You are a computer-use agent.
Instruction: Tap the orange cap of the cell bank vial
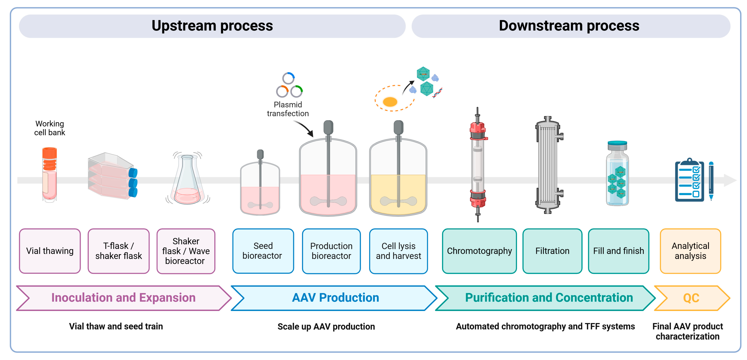point(50,153)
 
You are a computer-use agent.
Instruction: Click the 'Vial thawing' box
point(50,251)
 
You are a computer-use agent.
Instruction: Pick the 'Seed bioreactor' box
point(263,251)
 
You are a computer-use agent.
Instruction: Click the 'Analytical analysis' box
point(690,251)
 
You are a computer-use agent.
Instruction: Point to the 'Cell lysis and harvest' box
point(399,251)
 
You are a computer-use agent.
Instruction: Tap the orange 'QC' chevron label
point(691,298)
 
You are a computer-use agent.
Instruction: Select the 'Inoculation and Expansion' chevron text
point(124,298)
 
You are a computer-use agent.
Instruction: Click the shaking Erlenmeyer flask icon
point(187,180)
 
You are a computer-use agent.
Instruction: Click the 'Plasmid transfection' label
point(288,109)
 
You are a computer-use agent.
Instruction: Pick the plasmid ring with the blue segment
point(289,78)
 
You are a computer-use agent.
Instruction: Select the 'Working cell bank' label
point(50,128)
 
